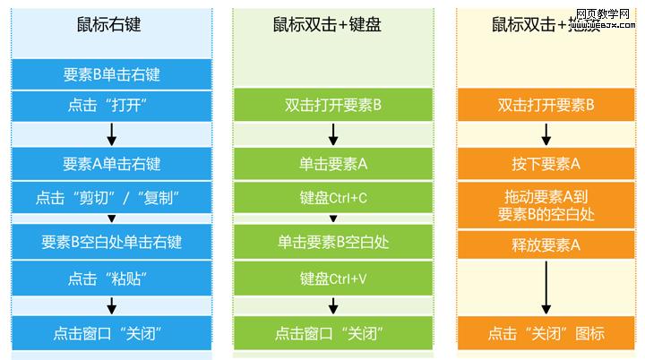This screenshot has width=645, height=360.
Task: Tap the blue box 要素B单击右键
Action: [x=112, y=74]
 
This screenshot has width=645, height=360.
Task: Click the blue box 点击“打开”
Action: [x=112, y=105]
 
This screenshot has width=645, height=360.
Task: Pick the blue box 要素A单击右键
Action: [x=112, y=164]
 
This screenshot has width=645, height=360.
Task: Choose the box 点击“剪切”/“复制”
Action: [x=112, y=195]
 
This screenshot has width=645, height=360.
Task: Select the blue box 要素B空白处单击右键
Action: [x=112, y=242]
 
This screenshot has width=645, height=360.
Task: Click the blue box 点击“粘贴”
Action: [x=112, y=278]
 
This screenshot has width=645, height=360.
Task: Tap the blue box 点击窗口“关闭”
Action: [x=112, y=334]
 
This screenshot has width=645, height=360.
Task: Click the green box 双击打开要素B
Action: [x=333, y=105]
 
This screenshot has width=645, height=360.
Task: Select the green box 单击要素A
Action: [x=333, y=164]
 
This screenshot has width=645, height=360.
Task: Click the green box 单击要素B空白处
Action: [x=333, y=241]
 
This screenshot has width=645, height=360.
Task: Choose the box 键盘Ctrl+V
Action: [x=333, y=279]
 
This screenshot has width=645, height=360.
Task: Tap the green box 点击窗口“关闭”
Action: [x=333, y=334]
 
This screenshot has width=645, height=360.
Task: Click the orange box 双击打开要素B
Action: [x=546, y=105]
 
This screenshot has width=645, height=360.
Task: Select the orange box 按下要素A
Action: [x=546, y=164]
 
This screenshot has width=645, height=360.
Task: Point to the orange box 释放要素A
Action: [x=546, y=244]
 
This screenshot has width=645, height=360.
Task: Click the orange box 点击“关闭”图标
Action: [x=546, y=334]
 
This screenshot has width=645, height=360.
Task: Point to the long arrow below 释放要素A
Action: [x=546, y=287]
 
